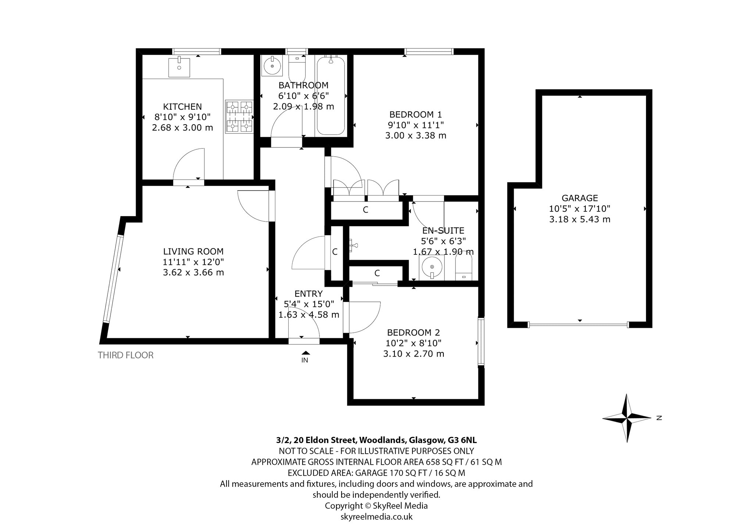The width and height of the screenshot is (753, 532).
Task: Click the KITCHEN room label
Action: pos(182,107)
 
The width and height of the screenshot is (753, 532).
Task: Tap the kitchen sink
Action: pos(179,67)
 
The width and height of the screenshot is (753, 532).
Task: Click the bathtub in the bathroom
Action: pos(331,96)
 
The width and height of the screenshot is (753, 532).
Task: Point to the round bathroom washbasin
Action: pos(272,66)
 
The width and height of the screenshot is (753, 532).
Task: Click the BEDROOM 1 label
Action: pos(415,114)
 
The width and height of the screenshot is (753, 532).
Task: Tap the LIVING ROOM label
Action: pos(193,251)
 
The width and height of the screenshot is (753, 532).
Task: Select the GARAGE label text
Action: pos(580,198)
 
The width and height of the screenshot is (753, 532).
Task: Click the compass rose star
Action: pos(627,418)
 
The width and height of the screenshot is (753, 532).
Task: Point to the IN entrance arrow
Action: pos(305,353)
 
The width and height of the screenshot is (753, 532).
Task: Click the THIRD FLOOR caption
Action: pos(125,355)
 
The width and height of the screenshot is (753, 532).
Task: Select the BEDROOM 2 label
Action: pos(414,333)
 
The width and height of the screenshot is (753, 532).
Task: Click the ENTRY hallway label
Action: pos(308,294)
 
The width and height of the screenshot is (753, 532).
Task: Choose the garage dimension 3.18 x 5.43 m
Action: pos(580,219)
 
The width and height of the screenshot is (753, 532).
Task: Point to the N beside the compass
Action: pos(659,418)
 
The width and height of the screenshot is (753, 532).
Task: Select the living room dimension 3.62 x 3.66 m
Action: pos(193,272)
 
